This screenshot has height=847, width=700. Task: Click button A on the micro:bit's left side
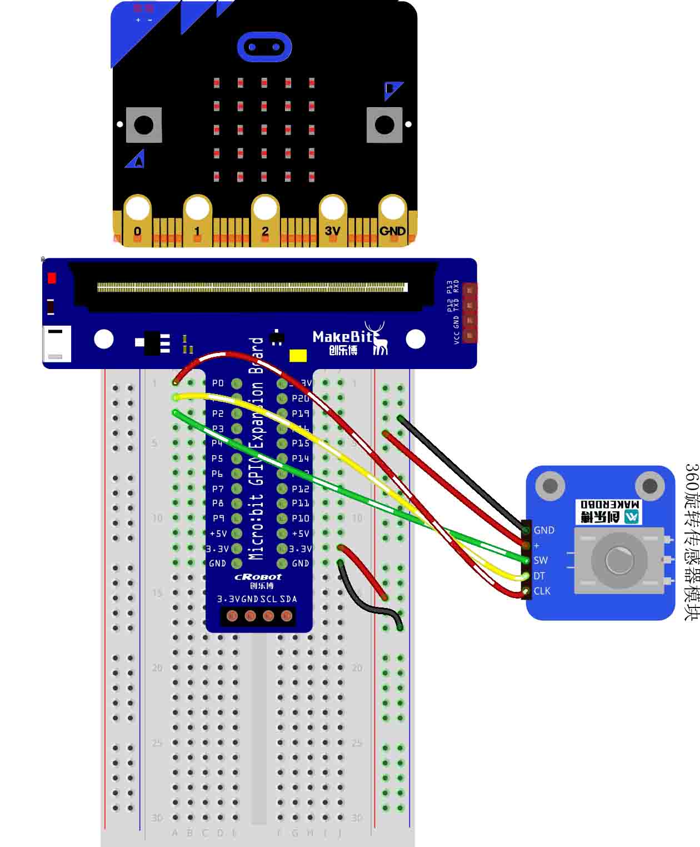(144, 125)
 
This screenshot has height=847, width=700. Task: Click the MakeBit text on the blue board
(342, 337)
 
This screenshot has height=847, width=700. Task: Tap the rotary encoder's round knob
(619, 560)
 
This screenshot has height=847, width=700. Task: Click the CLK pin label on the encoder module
(542, 591)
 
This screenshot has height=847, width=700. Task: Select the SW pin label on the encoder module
(541, 560)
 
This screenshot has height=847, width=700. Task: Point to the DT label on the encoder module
(539, 576)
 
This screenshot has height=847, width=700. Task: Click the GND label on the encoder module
(544, 530)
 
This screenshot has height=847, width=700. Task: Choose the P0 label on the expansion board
(218, 383)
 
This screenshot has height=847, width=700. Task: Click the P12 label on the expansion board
(301, 489)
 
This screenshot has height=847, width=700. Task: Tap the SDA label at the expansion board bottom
(288, 599)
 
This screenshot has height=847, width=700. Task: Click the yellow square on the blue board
(298, 356)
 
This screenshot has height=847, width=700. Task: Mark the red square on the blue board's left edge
(52, 278)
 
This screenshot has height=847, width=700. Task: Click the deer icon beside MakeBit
(379, 338)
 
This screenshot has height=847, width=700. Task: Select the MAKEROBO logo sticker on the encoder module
(608, 511)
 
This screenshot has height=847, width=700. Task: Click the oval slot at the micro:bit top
(264, 47)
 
